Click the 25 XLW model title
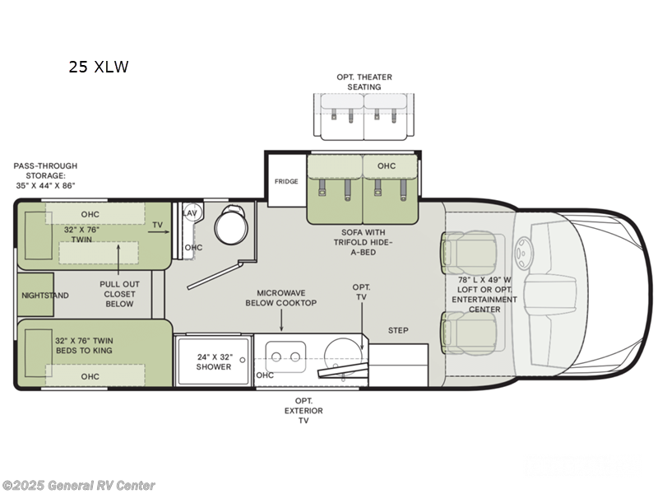(99, 68)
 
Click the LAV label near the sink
(190, 212)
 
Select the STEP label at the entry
(398, 330)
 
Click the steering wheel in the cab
(522, 247)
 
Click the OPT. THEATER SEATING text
(364, 82)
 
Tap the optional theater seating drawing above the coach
(364, 113)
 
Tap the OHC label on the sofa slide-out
(387, 165)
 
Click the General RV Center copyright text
(79, 486)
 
